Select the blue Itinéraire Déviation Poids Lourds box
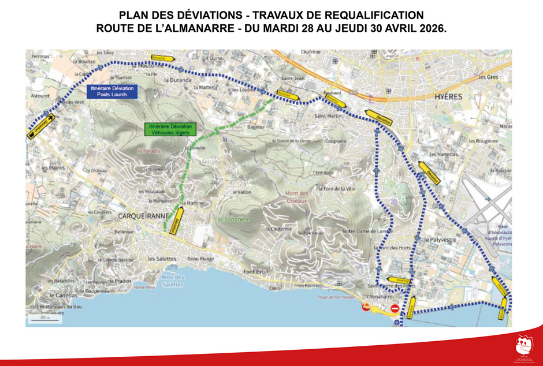click(x=111, y=91)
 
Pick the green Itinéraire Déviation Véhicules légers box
click(x=172, y=129)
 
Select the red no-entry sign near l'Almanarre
click(x=395, y=309)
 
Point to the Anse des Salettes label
click(x=173, y=281)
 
